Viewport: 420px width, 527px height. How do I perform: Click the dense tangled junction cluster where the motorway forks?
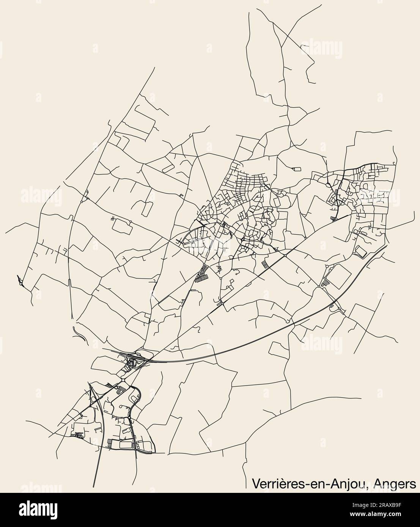pos(133,361)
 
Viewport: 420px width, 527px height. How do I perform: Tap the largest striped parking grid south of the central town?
pos(202,274)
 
